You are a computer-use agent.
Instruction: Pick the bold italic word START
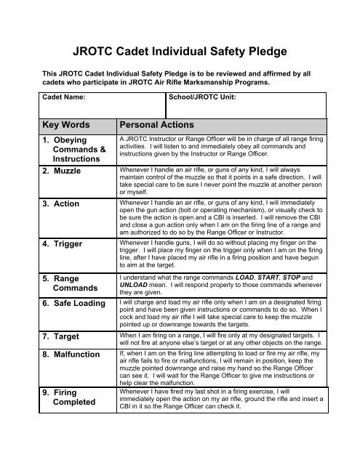(300, 277)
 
